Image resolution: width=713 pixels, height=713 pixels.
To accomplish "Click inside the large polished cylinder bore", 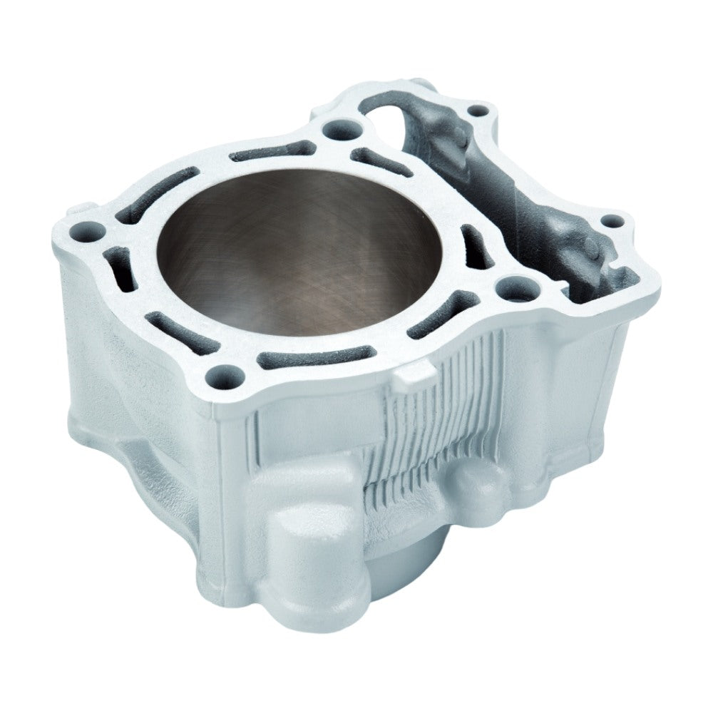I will [299, 250].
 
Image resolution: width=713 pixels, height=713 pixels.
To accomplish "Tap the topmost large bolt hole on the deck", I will [334, 130].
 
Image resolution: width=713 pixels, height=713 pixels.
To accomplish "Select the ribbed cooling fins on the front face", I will [428, 435].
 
